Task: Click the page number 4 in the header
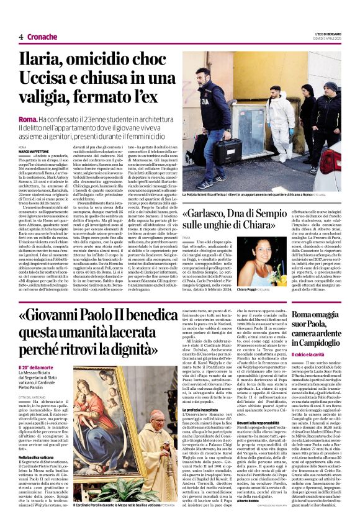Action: (x=21, y=37)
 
